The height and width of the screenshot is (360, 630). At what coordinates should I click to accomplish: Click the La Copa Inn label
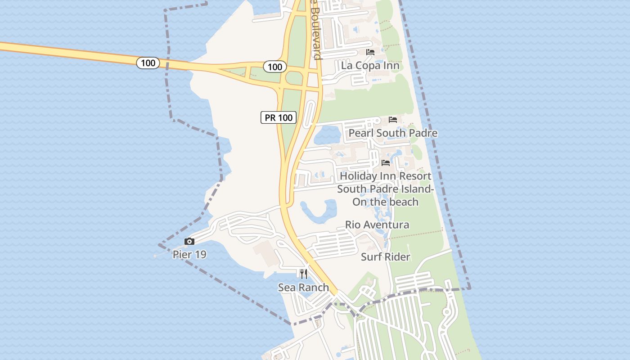click(x=370, y=65)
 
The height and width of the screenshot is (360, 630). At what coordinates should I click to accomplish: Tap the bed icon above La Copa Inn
click(x=370, y=52)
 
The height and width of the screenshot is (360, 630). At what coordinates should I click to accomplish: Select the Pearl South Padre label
click(x=393, y=133)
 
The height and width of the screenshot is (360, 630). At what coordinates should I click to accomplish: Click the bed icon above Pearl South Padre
click(x=393, y=120)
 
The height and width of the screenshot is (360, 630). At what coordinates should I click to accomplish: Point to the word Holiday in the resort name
click(x=357, y=176)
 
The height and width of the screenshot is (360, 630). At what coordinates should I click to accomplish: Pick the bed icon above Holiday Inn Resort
click(x=386, y=163)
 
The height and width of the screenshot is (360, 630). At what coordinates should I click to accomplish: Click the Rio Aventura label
click(x=377, y=225)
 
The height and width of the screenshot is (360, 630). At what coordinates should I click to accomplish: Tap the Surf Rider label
click(x=386, y=257)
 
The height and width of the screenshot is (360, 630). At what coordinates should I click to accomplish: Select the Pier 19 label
click(x=189, y=254)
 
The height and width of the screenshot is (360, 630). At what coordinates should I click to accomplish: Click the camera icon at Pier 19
click(x=189, y=242)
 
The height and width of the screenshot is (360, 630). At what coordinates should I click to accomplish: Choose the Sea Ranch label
click(x=303, y=287)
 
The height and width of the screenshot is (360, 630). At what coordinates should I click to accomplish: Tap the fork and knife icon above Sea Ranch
click(x=304, y=274)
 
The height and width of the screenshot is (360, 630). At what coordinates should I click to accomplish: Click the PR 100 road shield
click(x=279, y=117)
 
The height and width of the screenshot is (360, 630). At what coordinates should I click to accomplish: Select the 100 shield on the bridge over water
click(x=148, y=63)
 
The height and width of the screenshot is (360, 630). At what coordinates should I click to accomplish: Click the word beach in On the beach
click(x=403, y=202)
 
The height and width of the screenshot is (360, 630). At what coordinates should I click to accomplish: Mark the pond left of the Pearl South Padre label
click(x=327, y=134)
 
